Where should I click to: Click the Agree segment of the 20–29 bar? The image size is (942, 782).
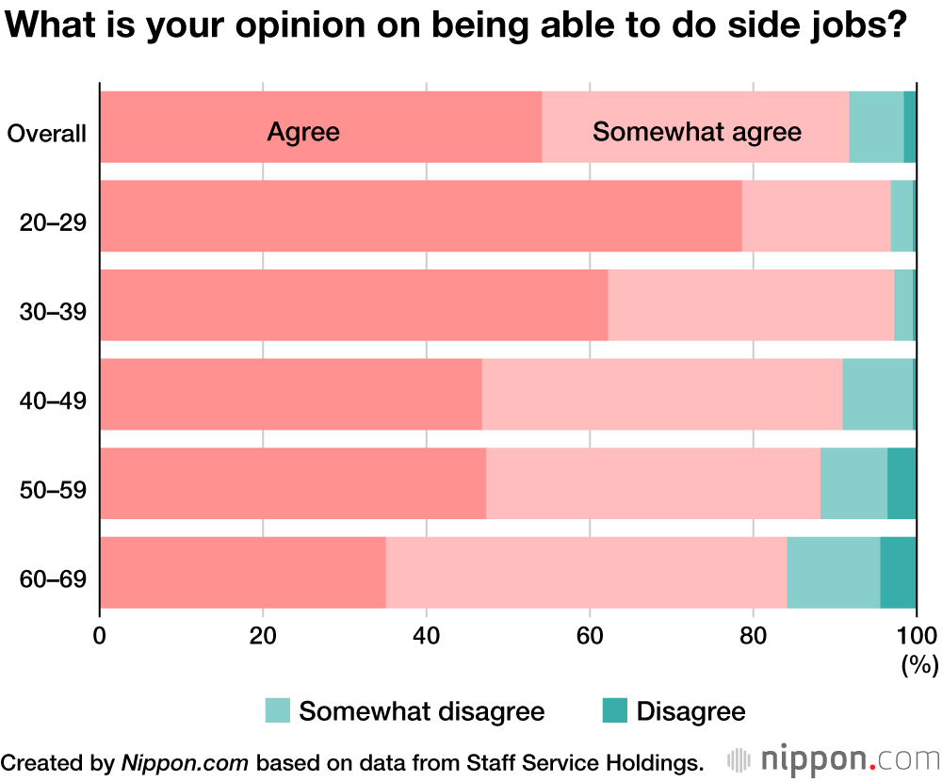pyautogui.click(x=420, y=216)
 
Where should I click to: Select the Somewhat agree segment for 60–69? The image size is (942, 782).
pyautogui.click(x=586, y=572)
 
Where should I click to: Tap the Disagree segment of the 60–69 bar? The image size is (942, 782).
pyautogui.click(x=898, y=572)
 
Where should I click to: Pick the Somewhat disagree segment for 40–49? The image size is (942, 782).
pyautogui.click(x=877, y=394)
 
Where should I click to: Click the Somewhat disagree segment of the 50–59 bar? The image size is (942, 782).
pyautogui.click(x=853, y=483)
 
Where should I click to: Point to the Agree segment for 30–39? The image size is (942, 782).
pyautogui.click(x=353, y=305)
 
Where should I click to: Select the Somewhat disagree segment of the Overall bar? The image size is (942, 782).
pyautogui.click(x=876, y=127)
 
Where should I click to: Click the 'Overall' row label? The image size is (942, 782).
pyautogui.click(x=47, y=134)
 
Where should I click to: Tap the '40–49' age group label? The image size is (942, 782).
pyautogui.click(x=53, y=400)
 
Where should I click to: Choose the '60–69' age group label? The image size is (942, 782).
pyautogui.click(x=53, y=578)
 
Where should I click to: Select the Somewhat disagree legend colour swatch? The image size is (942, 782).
pyautogui.click(x=278, y=711)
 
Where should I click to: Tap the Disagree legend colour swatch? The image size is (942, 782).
pyautogui.click(x=615, y=711)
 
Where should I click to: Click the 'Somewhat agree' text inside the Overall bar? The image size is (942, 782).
pyautogui.click(x=696, y=132)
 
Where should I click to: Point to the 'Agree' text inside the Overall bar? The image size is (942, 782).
pyautogui.click(x=302, y=132)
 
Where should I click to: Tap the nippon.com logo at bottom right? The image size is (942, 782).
pyautogui.click(x=834, y=759)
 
